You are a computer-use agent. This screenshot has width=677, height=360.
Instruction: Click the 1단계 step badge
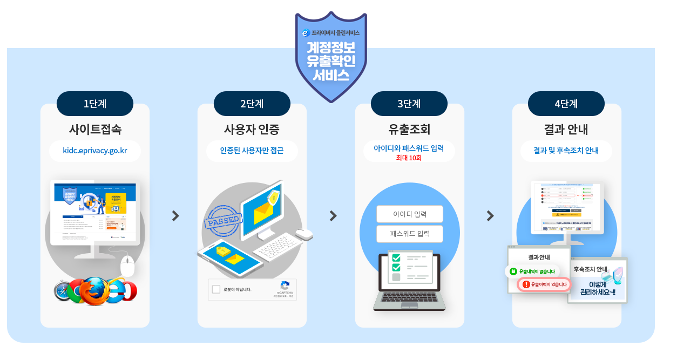point(94,104)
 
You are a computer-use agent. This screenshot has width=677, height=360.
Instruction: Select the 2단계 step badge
point(252,104)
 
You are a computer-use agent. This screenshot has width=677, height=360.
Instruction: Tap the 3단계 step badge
point(409,104)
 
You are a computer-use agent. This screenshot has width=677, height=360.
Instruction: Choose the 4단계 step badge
point(566,104)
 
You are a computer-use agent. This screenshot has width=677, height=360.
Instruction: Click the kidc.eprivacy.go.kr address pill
point(95,151)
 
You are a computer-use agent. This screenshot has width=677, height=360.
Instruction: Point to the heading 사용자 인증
point(252,130)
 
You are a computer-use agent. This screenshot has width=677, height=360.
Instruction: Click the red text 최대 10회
point(409,158)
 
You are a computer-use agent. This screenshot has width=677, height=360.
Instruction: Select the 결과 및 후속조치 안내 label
point(566,151)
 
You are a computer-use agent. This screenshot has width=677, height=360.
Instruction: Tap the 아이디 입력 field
point(409,214)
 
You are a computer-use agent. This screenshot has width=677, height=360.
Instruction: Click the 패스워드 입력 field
point(409,234)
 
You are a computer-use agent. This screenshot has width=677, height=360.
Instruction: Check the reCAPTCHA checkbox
point(216,289)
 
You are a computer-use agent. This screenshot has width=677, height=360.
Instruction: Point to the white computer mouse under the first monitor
point(127,267)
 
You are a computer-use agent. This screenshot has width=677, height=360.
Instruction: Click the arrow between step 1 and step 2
point(175,216)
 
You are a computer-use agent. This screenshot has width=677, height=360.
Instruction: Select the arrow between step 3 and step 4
point(490,216)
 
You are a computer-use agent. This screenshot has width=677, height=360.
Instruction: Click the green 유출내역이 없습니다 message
point(533,271)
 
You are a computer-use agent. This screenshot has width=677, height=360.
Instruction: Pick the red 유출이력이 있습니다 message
point(544,284)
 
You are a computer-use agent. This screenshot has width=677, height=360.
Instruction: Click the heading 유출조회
point(409,130)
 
